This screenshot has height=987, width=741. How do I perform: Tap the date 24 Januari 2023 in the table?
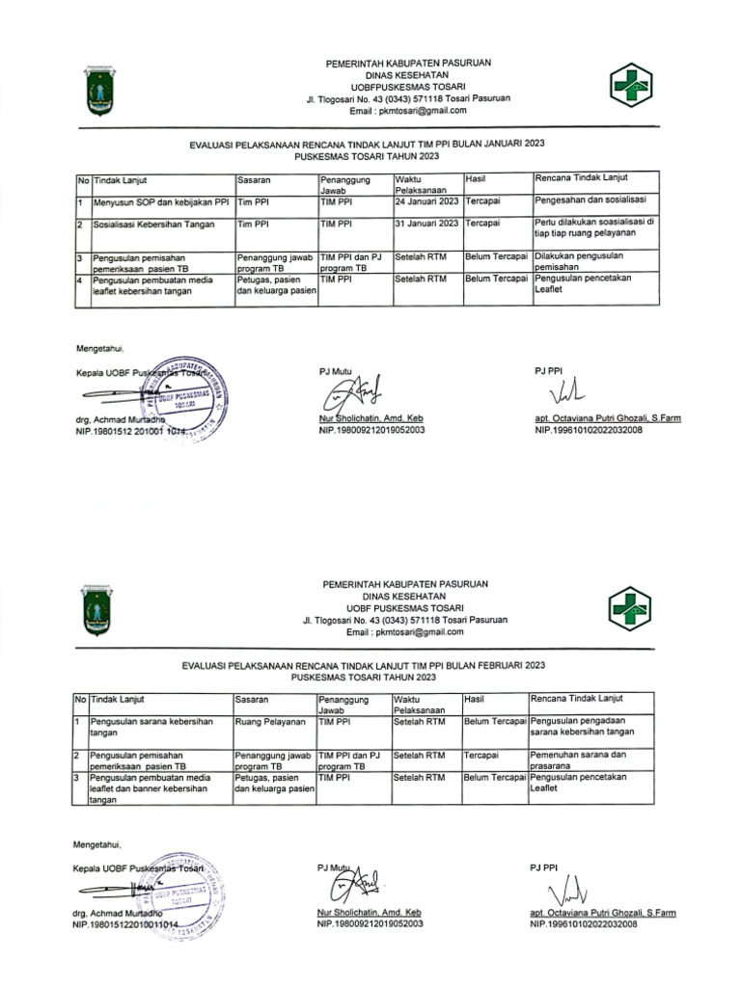pyautogui.click(x=426, y=202)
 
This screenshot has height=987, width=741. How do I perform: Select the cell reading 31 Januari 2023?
pyautogui.click(x=426, y=224)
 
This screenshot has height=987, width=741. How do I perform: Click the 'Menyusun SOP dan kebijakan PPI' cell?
pyautogui.click(x=160, y=202)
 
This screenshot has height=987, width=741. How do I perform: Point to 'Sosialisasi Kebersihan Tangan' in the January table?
pyautogui.click(x=153, y=224)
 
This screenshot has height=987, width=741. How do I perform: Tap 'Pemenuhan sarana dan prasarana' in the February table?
pyautogui.click(x=578, y=759)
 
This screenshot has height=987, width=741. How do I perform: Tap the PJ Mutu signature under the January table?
pyautogui.click(x=349, y=392)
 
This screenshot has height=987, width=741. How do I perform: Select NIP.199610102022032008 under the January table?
pyautogui.click(x=589, y=430)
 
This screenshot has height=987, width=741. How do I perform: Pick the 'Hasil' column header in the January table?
pyautogui.click(x=474, y=179)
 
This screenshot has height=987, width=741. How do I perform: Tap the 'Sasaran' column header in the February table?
pyautogui.click(x=251, y=698)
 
